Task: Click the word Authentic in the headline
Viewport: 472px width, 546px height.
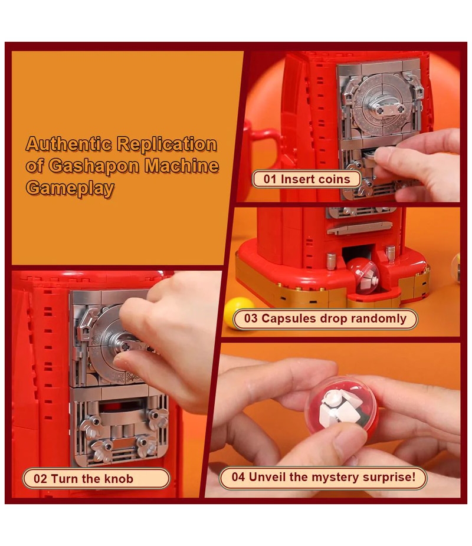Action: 69,144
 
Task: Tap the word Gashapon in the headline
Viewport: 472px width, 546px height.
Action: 94,166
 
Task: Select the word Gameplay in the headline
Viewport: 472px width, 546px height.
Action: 70,188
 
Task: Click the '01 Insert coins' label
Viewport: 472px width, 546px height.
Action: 307,179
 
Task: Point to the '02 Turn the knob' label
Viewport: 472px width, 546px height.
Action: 96,478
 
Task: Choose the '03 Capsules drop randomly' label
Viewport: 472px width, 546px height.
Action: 325,318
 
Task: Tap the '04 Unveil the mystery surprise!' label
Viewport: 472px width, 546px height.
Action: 323,477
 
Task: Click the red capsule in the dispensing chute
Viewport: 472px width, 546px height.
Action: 362,276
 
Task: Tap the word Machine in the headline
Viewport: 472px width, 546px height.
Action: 182,166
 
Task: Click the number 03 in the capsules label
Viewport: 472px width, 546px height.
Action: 251,318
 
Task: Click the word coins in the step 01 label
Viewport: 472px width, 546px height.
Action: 332,179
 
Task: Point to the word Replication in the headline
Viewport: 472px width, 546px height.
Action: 167,144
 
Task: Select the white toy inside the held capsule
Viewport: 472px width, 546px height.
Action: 339,407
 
